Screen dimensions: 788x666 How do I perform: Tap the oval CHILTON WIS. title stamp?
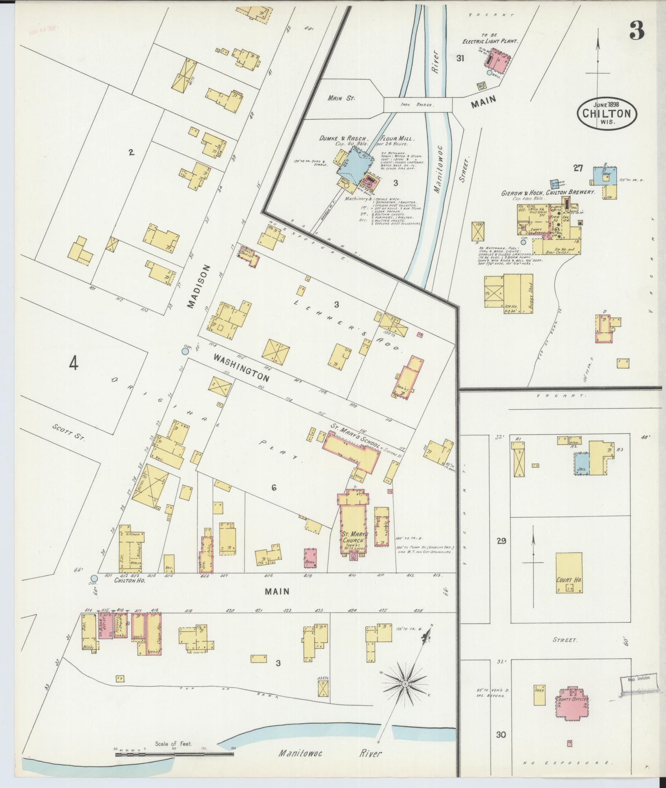pyautogui.click(x=607, y=113)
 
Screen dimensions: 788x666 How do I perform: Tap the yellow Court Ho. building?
pyautogui.click(x=569, y=572)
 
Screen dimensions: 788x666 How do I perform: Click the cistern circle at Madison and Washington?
pyautogui.click(x=185, y=351)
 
